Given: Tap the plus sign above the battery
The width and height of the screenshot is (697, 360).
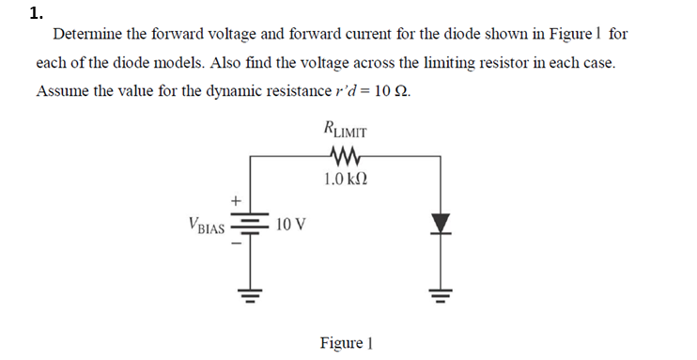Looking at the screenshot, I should [237, 199].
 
